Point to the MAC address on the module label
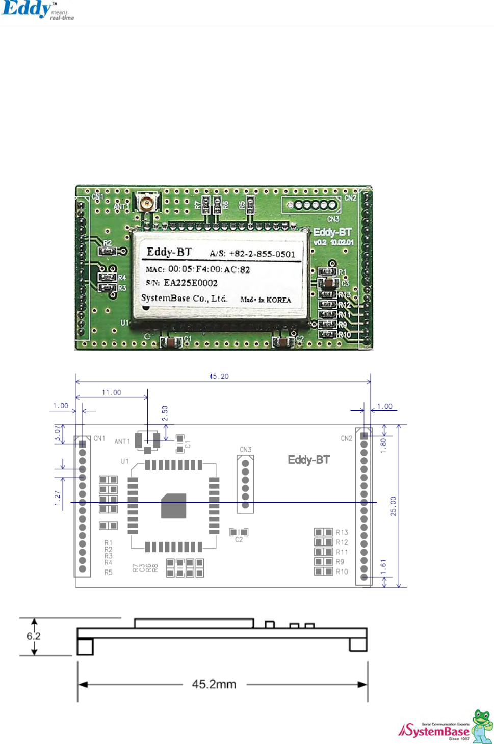click(x=209, y=269)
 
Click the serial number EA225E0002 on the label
click(x=190, y=283)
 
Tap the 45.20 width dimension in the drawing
click(x=219, y=376)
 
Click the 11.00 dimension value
click(x=112, y=392)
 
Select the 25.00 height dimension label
click(x=393, y=506)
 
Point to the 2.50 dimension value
click(x=165, y=413)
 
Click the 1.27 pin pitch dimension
click(x=58, y=498)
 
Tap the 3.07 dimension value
click(x=58, y=434)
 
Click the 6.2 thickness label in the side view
click(x=34, y=636)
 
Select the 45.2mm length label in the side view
click(x=214, y=684)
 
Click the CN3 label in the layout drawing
click(x=245, y=450)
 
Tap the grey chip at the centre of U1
click(x=173, y=506)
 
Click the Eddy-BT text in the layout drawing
click(x=309, y=460)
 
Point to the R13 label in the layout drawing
click(x=342, y=532)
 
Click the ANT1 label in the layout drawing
click(x=122, y=441)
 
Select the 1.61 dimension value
click(x=383, y=566)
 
